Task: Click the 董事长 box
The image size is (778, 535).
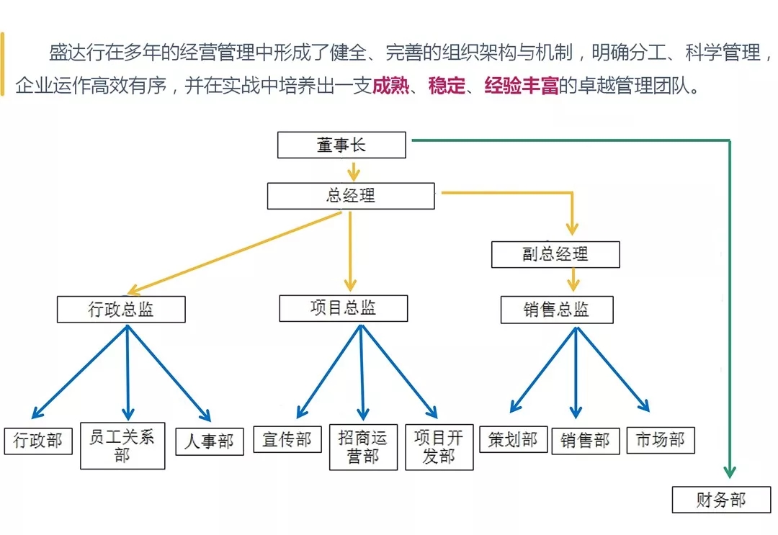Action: coord(341,145)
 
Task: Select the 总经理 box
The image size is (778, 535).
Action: coord(351,196)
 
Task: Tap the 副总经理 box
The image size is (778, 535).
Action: coord(555,254)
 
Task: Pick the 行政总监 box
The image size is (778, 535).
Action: coord(121,310)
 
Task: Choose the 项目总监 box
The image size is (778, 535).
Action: coord(343,308)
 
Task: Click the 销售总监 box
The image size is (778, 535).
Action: coord(556,310)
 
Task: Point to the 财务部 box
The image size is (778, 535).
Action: coord(720,500)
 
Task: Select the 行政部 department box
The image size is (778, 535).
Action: coord(38,441)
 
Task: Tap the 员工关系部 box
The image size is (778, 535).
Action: coord(122,446)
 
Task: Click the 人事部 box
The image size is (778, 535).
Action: coord(210,441)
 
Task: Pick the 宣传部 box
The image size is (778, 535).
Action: coord(287,439)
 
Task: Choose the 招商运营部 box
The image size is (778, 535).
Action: coord(363,446)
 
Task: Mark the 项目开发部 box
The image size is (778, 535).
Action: coord(439,446)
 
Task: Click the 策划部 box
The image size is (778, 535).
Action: coord(513,439)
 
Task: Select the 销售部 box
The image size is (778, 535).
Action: coord(586,441)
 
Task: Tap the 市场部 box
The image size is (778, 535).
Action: coord(661,440)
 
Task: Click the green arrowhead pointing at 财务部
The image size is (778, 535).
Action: coord(730,471)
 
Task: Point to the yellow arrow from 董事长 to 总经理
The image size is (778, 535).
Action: coord(352,171)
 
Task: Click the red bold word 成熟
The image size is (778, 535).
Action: coord(391,88)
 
